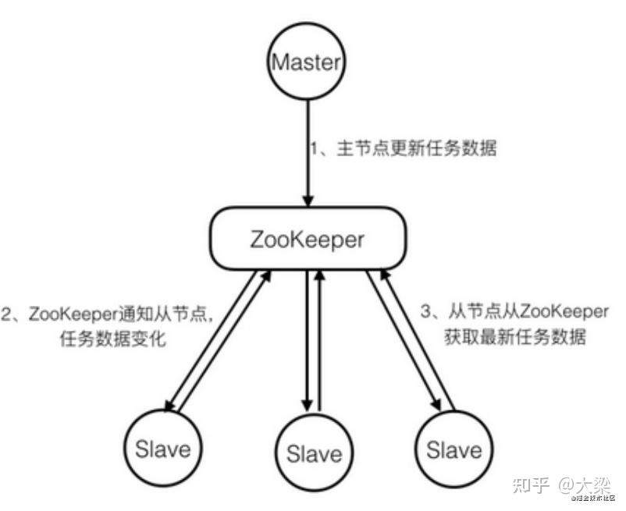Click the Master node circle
coord(306,63)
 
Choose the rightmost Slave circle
coord(454,449)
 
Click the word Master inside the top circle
coord(306,63)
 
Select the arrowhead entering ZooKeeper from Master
coord(306,198)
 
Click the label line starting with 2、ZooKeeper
coord(112,314)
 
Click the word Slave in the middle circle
coord(314,453)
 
